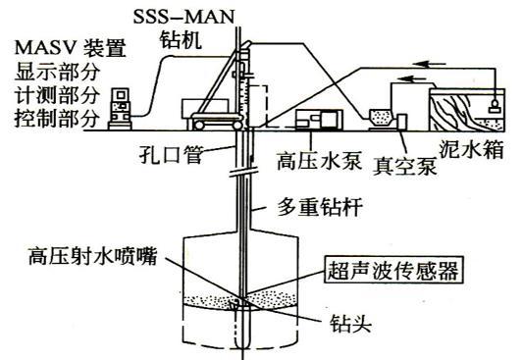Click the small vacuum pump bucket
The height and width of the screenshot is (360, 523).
point(379,119)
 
